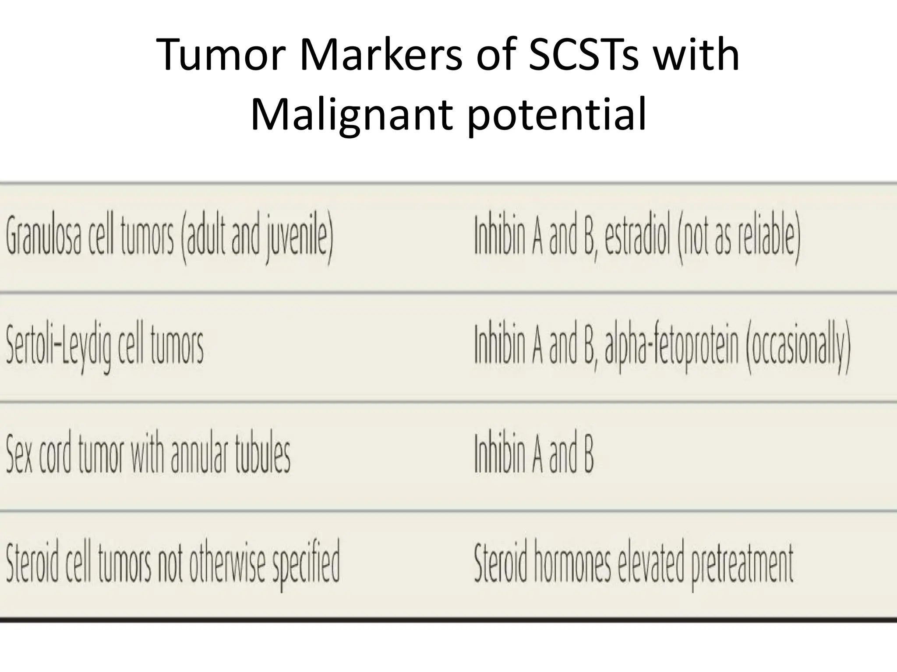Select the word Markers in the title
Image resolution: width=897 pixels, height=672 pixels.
pyautogui.click(x=381, y=56)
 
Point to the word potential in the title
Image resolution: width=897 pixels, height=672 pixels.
pyautogui.click(x=557, y=115)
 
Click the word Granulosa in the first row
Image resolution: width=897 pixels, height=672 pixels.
pyautogui.click(x=44, y=238)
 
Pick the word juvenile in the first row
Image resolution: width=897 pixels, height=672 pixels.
pyautogui.click(x=298, y=238)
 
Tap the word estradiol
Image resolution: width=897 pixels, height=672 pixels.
pyautogui.click(x=637, y=238)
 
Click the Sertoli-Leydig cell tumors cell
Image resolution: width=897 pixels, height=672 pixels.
pyautogui.click(x=105, y=348)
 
